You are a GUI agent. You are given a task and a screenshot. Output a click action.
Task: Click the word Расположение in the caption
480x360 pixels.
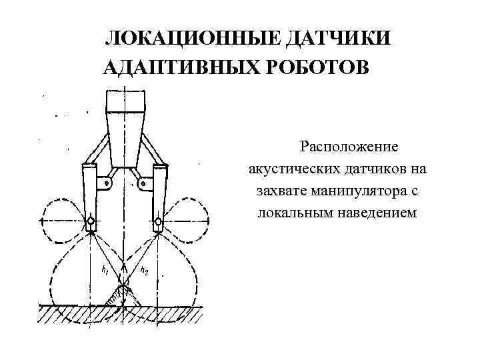[349, 145]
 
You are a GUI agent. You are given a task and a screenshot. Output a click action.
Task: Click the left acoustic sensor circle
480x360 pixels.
[90, 221]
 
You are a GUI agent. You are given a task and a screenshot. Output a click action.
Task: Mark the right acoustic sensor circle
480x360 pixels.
[158, 221]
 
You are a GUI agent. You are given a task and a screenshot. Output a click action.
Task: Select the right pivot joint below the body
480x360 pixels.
[143, 182]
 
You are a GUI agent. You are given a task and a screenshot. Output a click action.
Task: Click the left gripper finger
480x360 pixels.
[90, 197]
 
